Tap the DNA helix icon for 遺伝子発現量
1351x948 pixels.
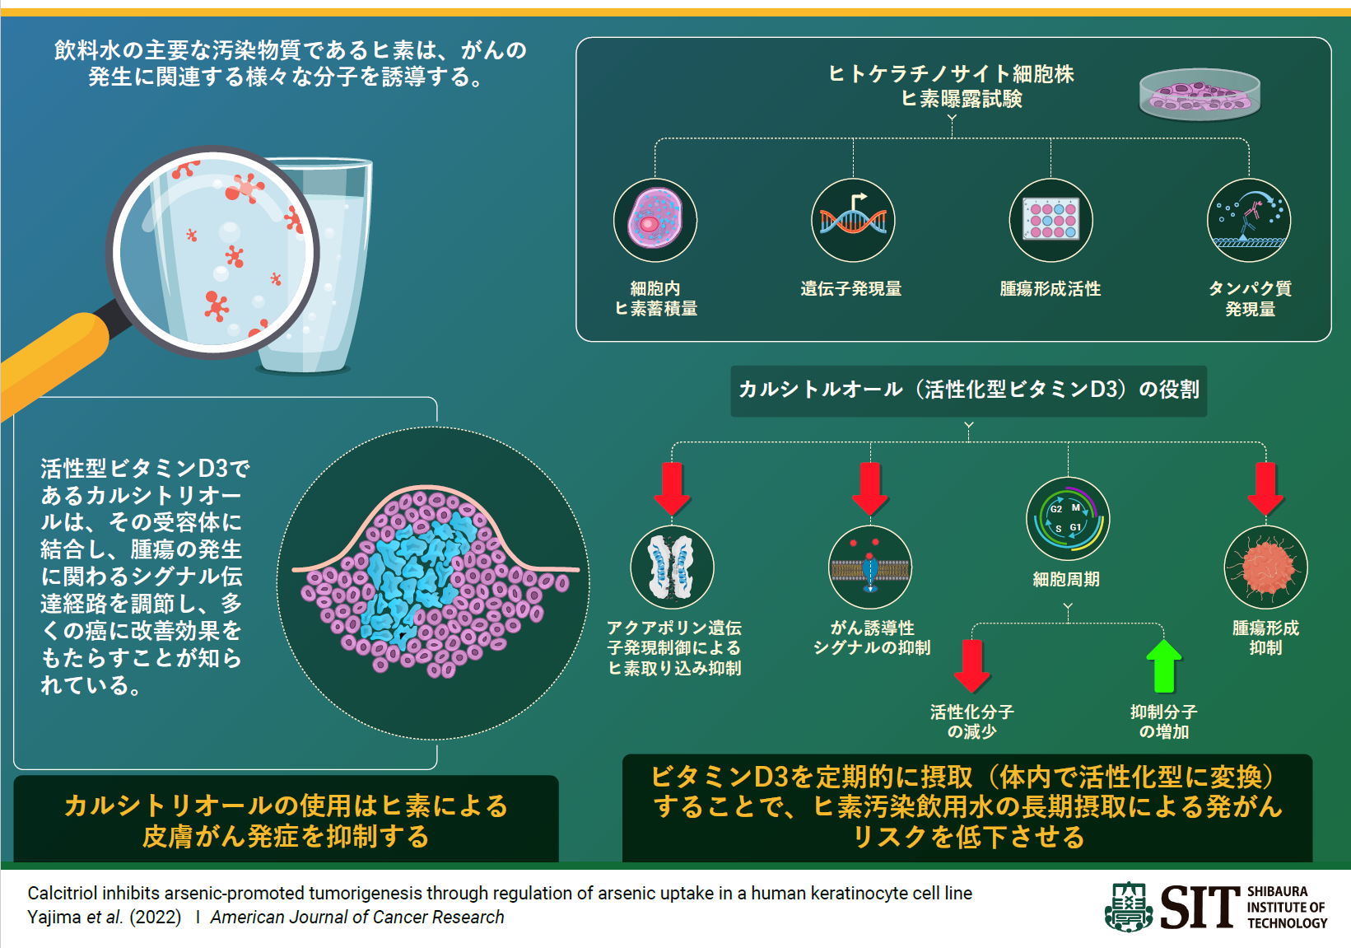click(853, 221)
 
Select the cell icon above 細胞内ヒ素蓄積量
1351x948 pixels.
click(655, 221)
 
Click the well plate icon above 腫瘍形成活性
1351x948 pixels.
click(1051, 221)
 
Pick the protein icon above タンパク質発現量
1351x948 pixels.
click(1249, 221)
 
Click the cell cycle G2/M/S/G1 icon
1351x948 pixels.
click(1068, 519)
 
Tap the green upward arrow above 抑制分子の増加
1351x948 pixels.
click(1163, 665)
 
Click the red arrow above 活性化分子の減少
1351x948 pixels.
click(972, 665)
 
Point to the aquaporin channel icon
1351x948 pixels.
click(672, 567)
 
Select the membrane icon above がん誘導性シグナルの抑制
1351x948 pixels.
click(870, 567)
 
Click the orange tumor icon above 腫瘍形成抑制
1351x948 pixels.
click(1265, 567)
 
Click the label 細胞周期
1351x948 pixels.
click(1066, 580)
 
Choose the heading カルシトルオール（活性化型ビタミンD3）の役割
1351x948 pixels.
click(968, 390)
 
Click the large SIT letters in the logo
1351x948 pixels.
click(1200, 908)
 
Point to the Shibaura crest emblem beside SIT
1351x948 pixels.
click(1129, 908)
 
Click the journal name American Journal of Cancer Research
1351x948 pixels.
click(357, 918)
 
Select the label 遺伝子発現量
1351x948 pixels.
click(851, 289)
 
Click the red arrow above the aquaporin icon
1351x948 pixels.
click(672, 488)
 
